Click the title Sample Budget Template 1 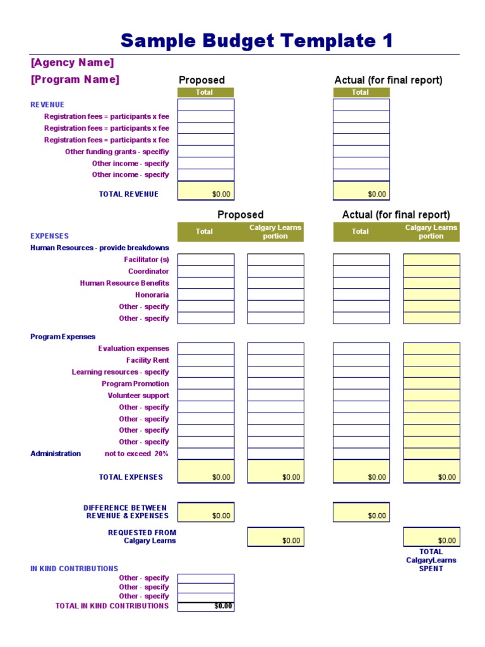[x=256, y=40]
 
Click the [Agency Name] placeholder [x=73, y=63]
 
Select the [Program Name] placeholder [x=75, y=80]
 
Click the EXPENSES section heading [x=49, y=236]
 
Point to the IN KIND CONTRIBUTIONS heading [x=75, y=569]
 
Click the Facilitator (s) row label [x=147, y=260]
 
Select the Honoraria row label [x=152, y=295]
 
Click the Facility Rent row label [x=147, y=360]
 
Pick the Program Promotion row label [x=135, y=384]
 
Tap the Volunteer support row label [x=138, y=396]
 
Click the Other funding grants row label [x=117, y=152]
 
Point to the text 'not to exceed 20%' [x=136, y=454]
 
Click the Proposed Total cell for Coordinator [x=206, y=272]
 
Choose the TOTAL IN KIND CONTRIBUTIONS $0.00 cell [x=206, y=606]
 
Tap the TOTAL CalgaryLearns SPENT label [x=431, y=560]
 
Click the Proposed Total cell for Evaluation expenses [x=206, y=349]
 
